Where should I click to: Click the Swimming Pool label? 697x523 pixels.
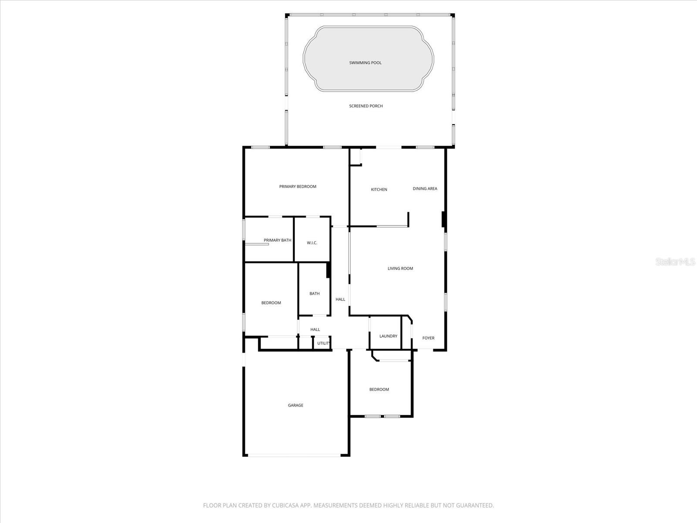(365, 63)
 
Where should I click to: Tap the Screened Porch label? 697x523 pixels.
(366, 106)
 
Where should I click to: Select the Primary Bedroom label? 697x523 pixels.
(298, 187)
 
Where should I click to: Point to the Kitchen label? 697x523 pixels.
(379, 190)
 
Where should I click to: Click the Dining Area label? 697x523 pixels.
(425, 189)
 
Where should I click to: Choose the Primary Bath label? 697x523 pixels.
(277, 240)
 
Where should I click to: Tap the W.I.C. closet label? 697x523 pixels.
(312, 243)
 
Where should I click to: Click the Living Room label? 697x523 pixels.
(400, 268)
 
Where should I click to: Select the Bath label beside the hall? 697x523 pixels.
(315, 294)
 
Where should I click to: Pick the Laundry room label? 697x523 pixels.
(388, 336)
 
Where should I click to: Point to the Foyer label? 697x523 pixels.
(428, 338)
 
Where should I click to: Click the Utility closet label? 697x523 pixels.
(323, 343)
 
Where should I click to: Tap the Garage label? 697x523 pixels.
(295, 405)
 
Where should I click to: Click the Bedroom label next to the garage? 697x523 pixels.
(379, 390)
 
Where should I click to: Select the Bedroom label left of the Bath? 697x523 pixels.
(271, 303)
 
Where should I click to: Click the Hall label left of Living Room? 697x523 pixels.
(340, 299)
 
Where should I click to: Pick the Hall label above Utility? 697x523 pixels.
(315, 329)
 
